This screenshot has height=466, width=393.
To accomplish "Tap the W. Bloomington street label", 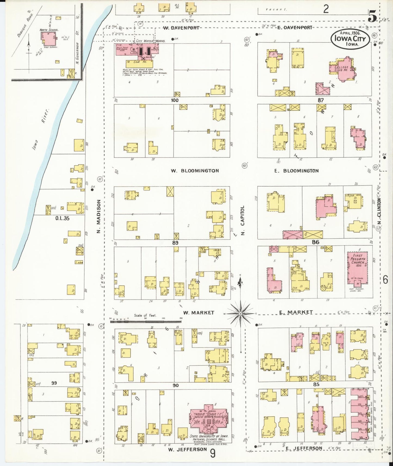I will point(195,171).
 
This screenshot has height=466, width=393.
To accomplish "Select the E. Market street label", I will point(296,312).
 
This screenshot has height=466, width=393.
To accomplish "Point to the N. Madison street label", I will point(99,216).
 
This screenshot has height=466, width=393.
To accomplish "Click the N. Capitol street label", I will point(243,220).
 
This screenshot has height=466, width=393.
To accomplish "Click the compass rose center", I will point(240,313).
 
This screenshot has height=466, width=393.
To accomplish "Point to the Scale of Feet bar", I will point(146,321).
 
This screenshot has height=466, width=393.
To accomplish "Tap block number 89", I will point(175,243).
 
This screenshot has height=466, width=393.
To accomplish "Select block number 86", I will point(315,242).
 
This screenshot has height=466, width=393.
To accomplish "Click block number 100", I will point(175,100).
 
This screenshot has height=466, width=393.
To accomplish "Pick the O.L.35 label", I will point(62,218).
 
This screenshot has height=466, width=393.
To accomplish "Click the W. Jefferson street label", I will point(187,449).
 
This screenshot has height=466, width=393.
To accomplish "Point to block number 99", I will point(54,383).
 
